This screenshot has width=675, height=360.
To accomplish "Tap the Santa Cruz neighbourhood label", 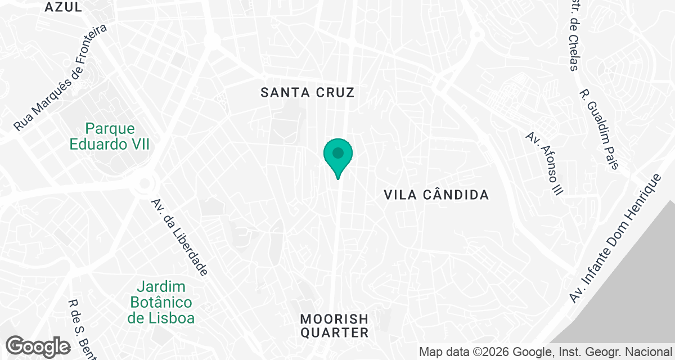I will click(308, 93).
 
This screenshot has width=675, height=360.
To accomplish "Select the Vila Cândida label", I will click(436, 195).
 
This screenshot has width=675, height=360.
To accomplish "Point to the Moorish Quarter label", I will click(334, 326).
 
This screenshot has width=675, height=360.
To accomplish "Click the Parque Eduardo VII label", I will click(110, 136).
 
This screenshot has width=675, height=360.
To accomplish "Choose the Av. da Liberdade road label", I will click(179, 237).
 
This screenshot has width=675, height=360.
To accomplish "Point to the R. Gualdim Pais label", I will click(599, 129).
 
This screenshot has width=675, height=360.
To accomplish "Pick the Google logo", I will click(38, 346).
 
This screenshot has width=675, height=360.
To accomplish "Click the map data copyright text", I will click(546, 352).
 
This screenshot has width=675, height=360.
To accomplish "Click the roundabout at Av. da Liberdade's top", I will click(146, 183).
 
